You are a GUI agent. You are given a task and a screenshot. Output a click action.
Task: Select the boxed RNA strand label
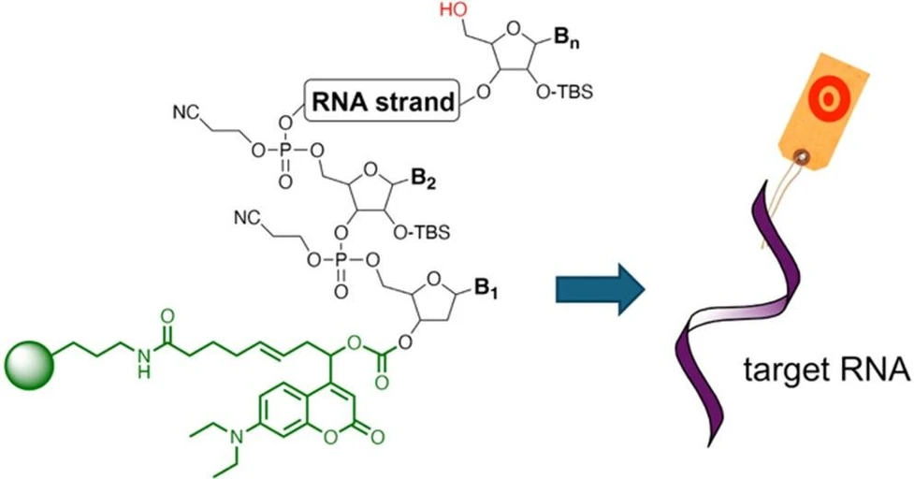pos(384,101)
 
